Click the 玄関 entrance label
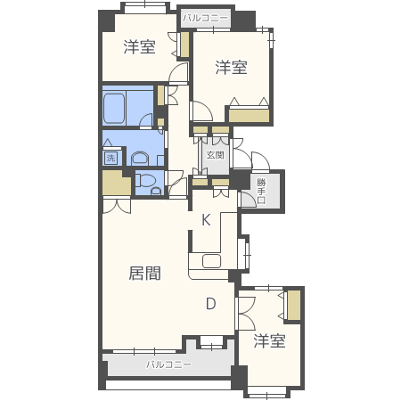tap(215, 155)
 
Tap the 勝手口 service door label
tap(261, 191)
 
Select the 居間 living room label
tap(145, 274)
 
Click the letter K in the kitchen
tap(206, 220)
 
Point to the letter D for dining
tap(210, 304)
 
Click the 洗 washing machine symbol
tap(110, 158)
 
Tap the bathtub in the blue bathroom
tap(114, 109)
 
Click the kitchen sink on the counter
tap(211, 261)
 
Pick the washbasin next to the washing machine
tap(140, 159)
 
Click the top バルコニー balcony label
tap(206, 18)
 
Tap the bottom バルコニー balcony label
tap(169, 364)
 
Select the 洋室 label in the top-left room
tap(140, 46)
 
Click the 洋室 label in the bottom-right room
tap(269, 340)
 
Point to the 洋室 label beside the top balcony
tap(231, 68)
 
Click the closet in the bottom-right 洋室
tap(294, 306)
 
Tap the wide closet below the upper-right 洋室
tap(249, 116)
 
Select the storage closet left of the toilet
tap(116, 183)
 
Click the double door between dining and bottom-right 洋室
tap(246, 313)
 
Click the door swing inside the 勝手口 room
tap(249, 199)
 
